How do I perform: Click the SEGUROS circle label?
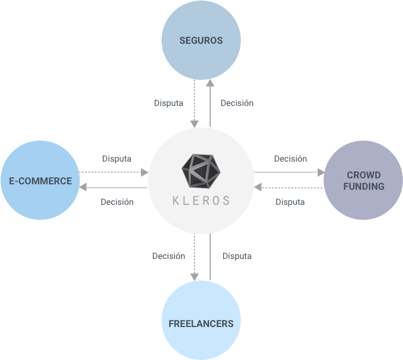201,41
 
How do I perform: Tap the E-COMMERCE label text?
41,181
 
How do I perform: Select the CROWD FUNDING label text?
364,181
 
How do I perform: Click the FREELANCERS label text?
201,324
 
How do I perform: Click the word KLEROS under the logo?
201,200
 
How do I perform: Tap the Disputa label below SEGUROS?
169,103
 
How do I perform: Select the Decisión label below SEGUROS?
237,103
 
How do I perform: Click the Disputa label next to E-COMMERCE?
117,159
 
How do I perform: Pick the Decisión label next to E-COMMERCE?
117,202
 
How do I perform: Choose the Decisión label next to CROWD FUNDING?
290,159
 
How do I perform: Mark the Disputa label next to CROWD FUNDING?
290,202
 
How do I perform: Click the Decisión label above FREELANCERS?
168,256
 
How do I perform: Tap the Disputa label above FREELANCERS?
237,256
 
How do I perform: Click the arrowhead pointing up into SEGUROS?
210,83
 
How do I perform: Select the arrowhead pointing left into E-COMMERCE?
83,187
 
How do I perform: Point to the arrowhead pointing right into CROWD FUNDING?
321,172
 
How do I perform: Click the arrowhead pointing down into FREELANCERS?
194,276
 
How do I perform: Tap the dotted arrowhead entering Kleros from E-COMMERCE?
144,172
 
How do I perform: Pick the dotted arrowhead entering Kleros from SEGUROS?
194,124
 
